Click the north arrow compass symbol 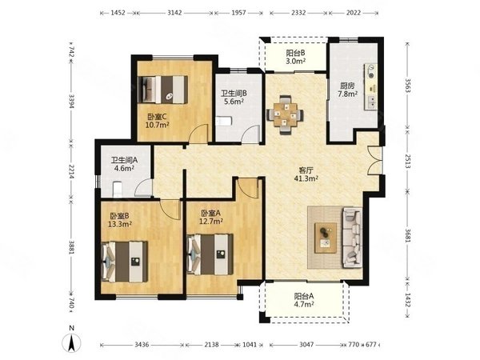[71, 342]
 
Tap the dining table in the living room [286, 114]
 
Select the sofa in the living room [352, 237]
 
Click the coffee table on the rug [326, 238]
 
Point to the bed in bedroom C [162, 90]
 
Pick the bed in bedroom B [125, 262]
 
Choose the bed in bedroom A [210, 254]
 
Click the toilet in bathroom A [118, 189]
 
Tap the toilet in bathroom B [224, 121]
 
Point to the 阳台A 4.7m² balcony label [304, 300]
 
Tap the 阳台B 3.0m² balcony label [296, 57]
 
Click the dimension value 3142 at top [174, 13]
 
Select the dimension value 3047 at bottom [306, 345]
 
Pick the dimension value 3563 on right [407, 86]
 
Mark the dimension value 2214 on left [71, 172]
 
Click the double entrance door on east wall [374, 161]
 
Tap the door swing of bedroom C [199, 134]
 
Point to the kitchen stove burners [371, 71]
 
